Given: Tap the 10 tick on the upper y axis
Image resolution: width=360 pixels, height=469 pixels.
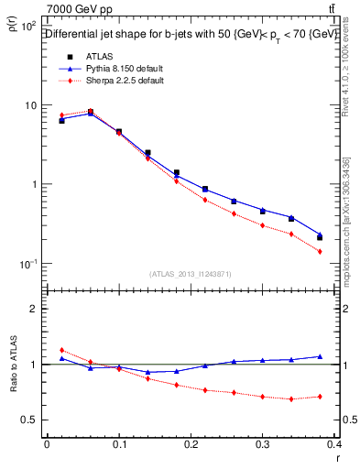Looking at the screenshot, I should [x=32, y=105].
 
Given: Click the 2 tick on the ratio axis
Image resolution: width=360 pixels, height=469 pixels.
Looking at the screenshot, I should [x=33, y=309].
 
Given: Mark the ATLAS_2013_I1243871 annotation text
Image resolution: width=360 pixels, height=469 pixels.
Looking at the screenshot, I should [x=191, y=274].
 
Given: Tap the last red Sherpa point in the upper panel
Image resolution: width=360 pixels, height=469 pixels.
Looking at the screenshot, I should [x=320, y=251].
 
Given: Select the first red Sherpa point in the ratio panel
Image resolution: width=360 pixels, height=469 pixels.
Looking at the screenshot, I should [x=61, y=350].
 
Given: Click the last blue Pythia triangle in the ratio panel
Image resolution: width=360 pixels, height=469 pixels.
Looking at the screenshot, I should [x=320, y=356].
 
